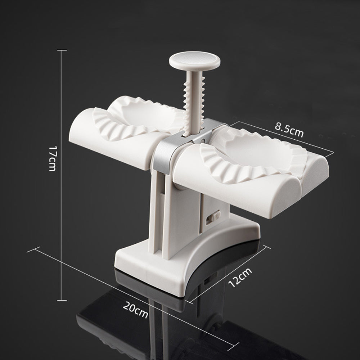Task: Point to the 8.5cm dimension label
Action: tap(289, 130)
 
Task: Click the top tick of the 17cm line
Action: tap(62, 50)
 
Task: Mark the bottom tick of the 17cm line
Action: tap(62, 300)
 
